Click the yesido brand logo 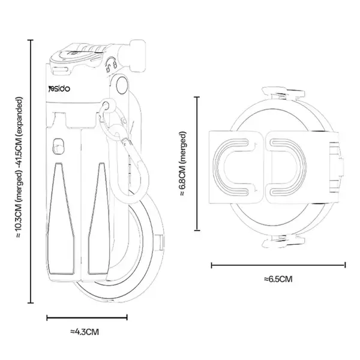(59, 89)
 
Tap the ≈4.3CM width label (85, 332)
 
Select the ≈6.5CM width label (278, 279)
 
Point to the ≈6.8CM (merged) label (182, 164)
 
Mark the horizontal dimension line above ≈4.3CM (87, 318)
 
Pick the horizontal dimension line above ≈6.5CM (278, 265)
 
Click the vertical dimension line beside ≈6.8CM (197, 163)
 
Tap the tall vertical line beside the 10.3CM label (31, 171)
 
